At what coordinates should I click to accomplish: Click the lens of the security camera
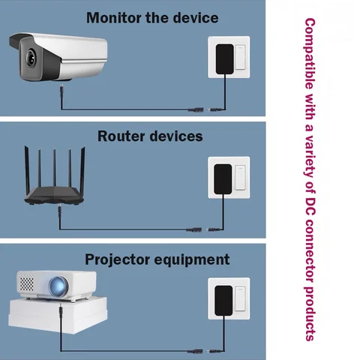[31, 58]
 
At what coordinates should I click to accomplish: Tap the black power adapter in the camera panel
[225, 59]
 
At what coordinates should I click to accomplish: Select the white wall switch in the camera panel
[240, 57]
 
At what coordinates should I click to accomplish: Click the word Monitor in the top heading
[113, 18]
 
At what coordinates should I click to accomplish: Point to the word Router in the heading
[121, 136]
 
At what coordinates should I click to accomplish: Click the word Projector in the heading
[118, 260]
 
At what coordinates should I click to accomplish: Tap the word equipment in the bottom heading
[192, 260]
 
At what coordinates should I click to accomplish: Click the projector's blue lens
[58, 286]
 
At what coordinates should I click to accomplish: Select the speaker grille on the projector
[26, 282]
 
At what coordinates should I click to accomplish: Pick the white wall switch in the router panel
[240, 178]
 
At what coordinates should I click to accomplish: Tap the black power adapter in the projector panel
[223, 301]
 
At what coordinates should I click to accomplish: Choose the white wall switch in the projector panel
[240, 298]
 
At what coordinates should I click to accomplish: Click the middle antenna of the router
[54, 168]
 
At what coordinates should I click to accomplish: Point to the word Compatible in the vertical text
[310, 54]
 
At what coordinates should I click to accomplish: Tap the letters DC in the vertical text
[310, 207]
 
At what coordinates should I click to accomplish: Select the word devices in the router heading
[176, 136]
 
